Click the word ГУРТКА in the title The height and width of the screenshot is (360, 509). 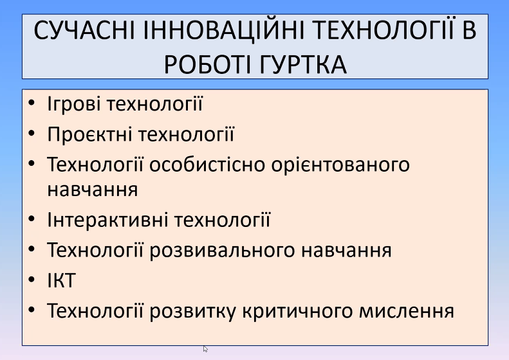pyautogui.click(x=304, y=64)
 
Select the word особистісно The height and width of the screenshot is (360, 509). pyautogui.click(x=207, y=165)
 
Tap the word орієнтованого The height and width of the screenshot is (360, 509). pyautogui.click(x=340, y=165)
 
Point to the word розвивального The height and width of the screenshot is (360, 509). pyautogui.click(x=223, y=250)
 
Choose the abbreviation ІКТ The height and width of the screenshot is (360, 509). pyautogui.click(x=61, y=280)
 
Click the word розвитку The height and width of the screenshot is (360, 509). pyautogui.click(x=192, y=310)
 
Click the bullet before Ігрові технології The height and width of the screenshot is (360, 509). pyautogui.click(x=32, y=104)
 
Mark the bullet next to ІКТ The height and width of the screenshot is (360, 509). pyautogui.click(x=32, y=280)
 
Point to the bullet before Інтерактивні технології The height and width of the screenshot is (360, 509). pyautogui.click(x=32, y=219)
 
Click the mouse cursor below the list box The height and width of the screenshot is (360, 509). pyautogui.click(x=205, y=349)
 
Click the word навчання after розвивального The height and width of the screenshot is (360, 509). pyautogui.click(x=347, y=251)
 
